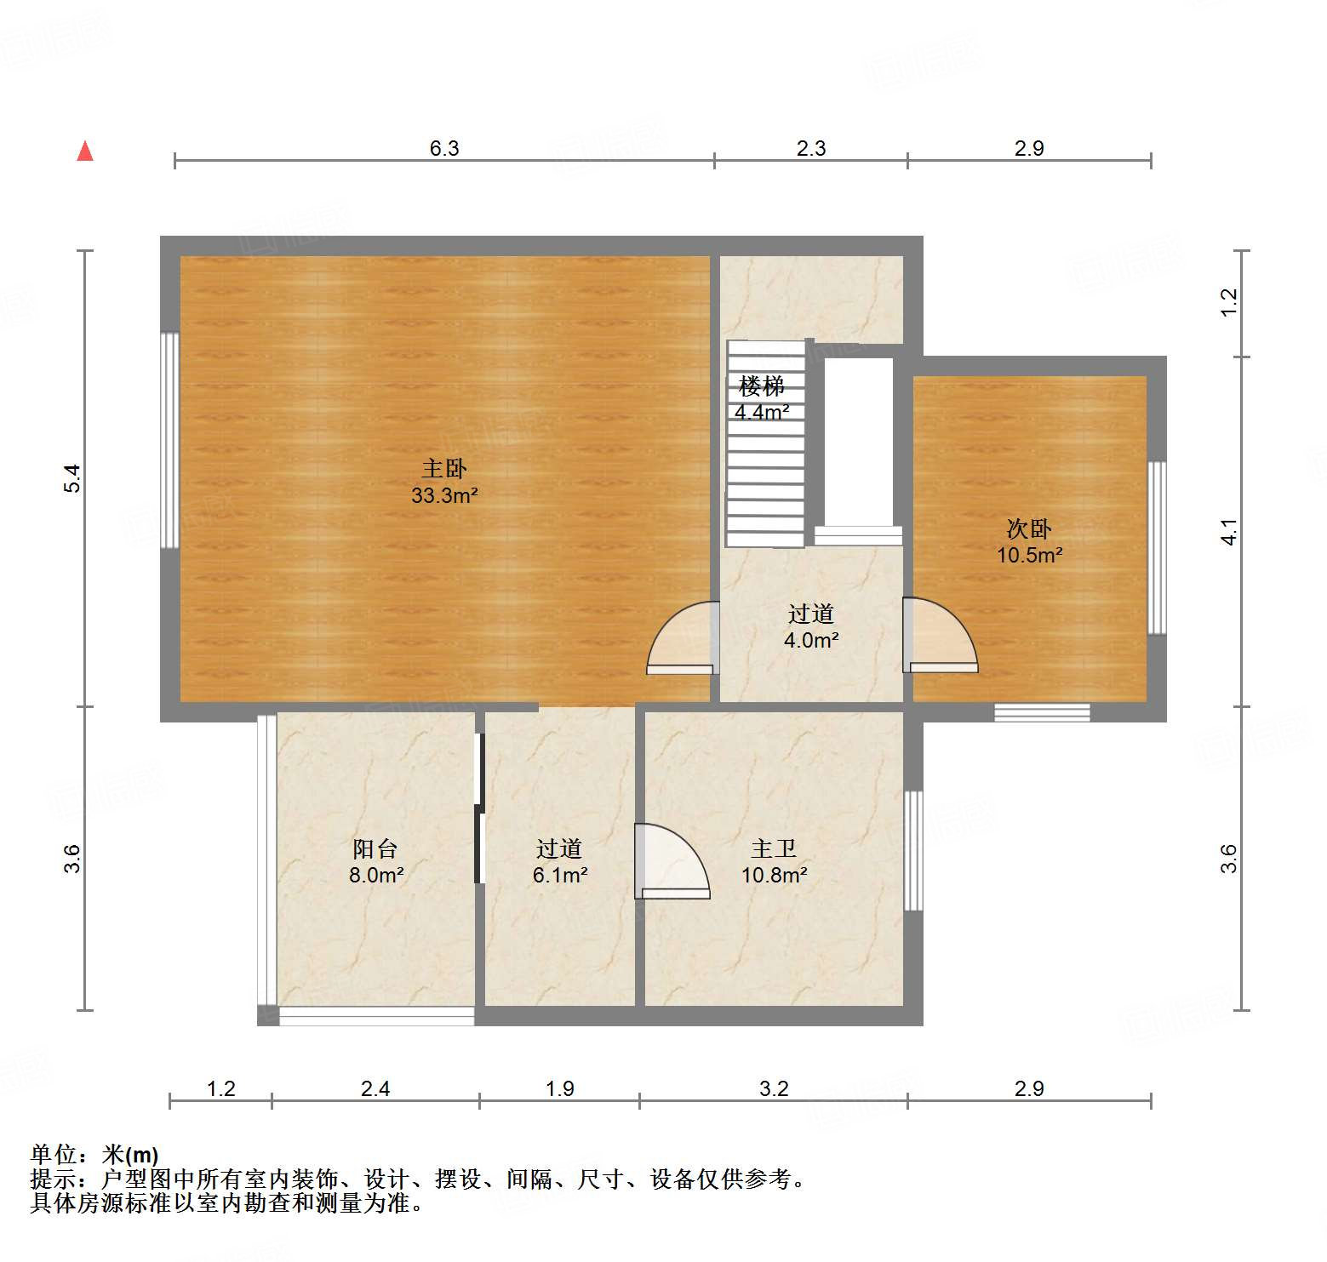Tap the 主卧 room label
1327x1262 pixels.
coord(444,468)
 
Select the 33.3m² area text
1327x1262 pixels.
coord(444,495)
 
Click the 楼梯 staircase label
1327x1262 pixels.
coord(761,386)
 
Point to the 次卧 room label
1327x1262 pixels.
coord(1029,528)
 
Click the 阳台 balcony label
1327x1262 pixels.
coord(375,848)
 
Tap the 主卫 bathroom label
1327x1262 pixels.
coord(774,848)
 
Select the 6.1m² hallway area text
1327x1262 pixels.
coord(560,875)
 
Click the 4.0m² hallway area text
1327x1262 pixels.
coord(811,640)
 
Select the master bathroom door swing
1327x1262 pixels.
coord(670,861)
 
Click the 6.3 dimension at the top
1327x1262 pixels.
coord(444,148)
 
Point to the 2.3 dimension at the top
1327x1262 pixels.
coord(811,148)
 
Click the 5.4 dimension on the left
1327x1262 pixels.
coord(73,478)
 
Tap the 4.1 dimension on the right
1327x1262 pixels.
coord(1228,532)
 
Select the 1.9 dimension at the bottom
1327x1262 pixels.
coord(559,1088)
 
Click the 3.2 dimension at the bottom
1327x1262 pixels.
coord(774,1088)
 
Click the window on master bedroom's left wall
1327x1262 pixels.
coord(170,440)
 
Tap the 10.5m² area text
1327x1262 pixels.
coord(1030,556)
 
